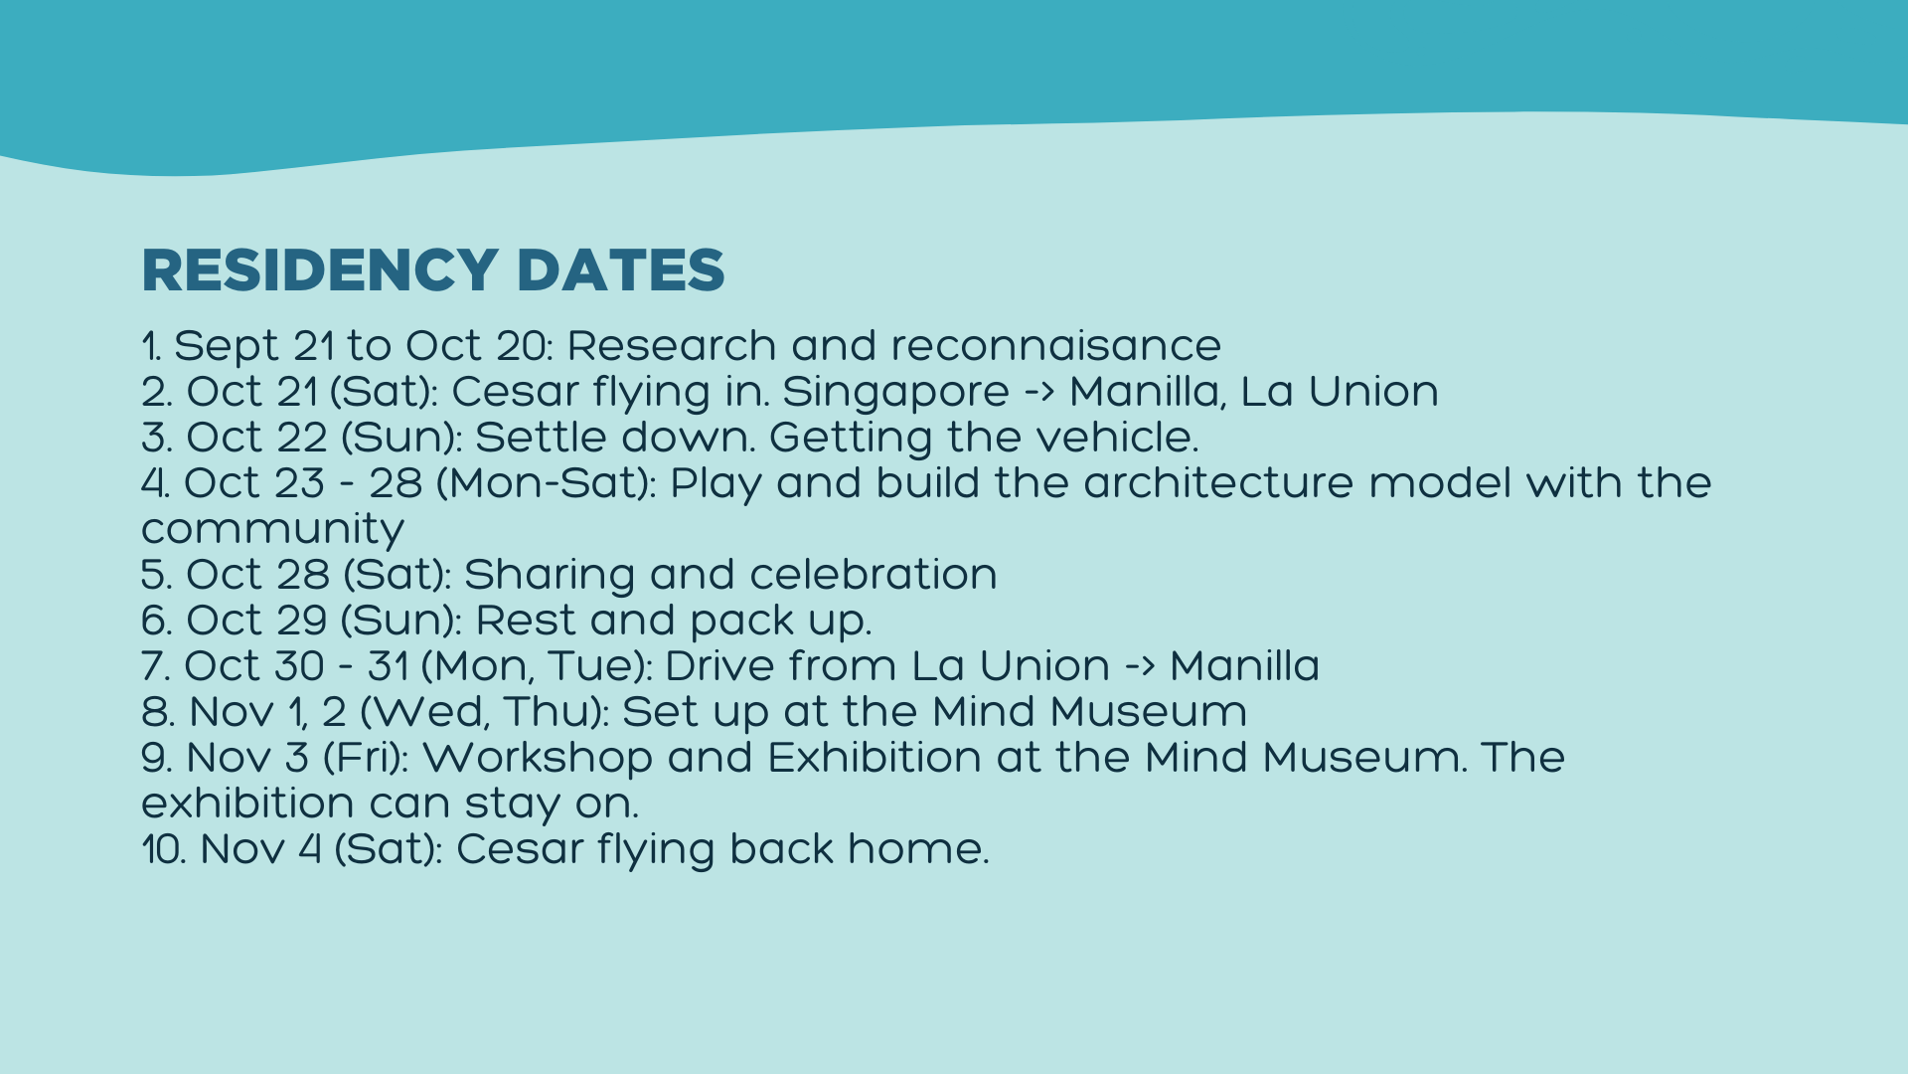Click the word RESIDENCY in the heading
[319, 270]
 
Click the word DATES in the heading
[620, 270]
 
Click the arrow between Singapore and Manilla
[1039, 393]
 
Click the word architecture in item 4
[1218, 483]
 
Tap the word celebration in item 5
[873, 575]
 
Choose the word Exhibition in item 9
[874, 758]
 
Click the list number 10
[163, 850]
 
